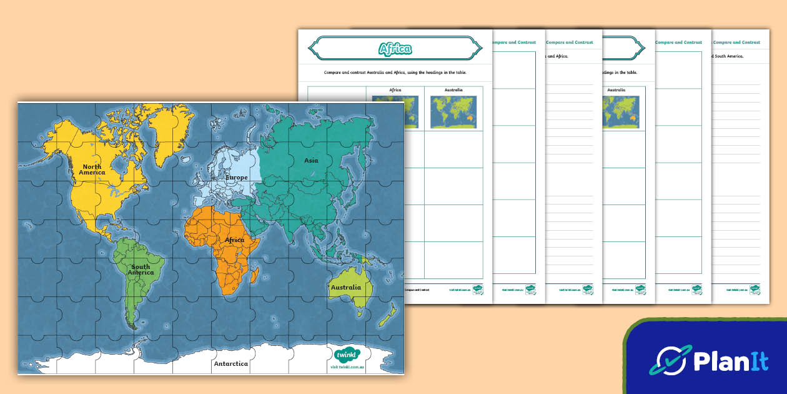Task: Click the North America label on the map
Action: tap(92, 169)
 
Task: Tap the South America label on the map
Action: tap(141, 270)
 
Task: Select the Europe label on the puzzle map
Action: tap(237, 178)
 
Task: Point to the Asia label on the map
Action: tap(311, 161)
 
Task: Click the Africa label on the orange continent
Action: tap(234, 240)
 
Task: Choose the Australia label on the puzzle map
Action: tap(346, 288)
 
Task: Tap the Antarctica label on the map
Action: tap(230, 363)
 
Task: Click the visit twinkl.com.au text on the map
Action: tap(347, 368)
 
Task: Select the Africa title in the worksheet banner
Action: tap(395, 48)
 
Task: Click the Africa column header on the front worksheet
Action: tap(395, 90)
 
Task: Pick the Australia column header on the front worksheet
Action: tap(453, 90)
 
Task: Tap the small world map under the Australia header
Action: tap(453, 112)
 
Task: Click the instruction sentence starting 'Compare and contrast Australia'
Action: tap(395, 73)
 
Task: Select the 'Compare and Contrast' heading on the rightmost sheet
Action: tap(736, 43)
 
